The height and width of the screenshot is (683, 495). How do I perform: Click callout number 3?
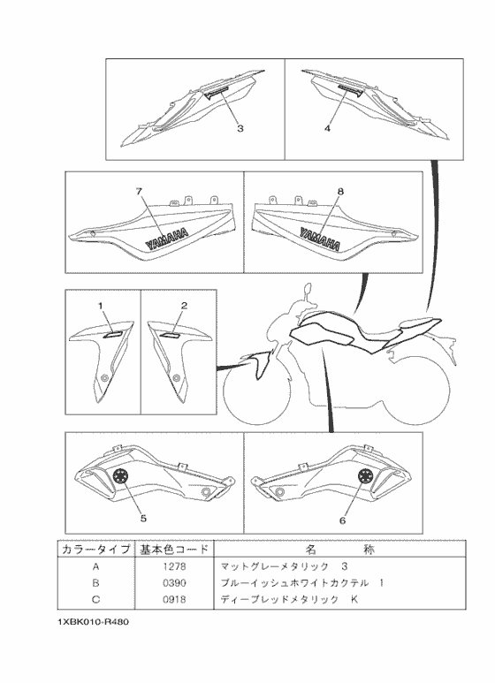(x=240, y=128)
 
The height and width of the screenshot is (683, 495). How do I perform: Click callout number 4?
(x=327, y=128)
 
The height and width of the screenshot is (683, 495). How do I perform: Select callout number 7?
(x=138, y=191)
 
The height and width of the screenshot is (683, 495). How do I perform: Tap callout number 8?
(x=340, y=191)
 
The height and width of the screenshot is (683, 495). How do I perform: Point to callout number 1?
(x=101, y=306)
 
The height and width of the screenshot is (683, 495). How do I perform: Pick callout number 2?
(x=184, y=306)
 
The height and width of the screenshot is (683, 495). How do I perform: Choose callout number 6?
(x=342, y=520)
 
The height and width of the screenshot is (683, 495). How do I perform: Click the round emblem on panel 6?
(x=363, y=477)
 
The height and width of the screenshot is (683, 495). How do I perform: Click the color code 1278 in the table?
(x=174, y=565)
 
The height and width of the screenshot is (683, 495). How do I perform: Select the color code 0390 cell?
(x=174, y=583)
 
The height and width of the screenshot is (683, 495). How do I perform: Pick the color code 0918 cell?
(x=174, y=601)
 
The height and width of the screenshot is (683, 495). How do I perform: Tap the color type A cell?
(x=95, y=565)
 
